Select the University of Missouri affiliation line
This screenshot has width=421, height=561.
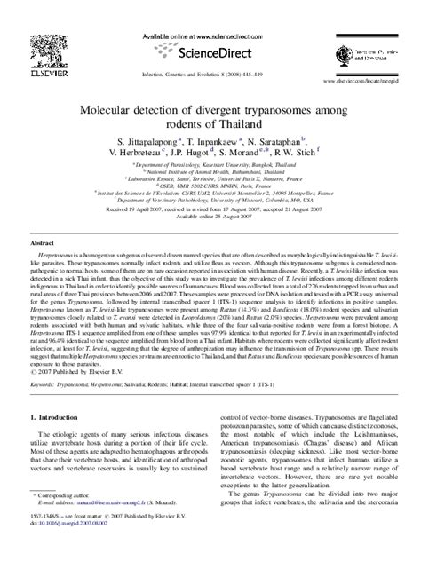(x=210, y=199)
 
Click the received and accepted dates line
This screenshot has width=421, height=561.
(x=210, y=208)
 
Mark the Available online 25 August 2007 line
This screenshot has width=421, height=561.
(x=210, y=216)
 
